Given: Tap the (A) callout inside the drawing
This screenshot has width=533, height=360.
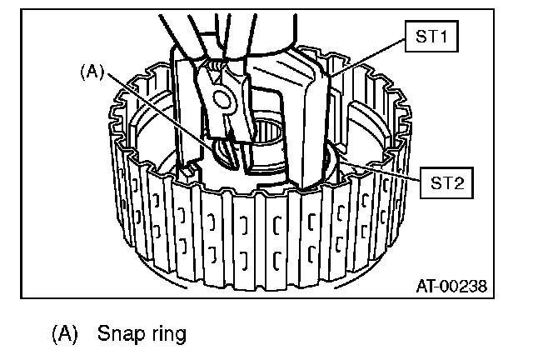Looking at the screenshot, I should point(91,72).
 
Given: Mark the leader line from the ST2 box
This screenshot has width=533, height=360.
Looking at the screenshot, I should point(383,167).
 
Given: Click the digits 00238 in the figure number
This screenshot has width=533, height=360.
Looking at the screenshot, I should point(463,287).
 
